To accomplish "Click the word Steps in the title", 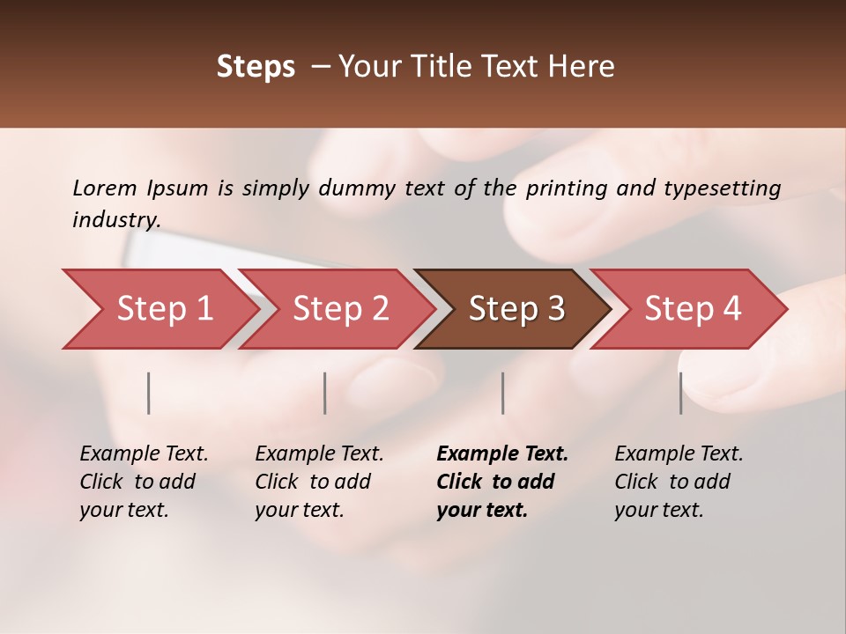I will [256, 67].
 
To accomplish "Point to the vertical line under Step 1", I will [149, 393].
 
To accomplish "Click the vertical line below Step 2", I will [325, 393].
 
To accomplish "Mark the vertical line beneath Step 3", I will [503, 393].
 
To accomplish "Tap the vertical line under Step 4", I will [680, 393].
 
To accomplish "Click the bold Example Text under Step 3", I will [502, 482].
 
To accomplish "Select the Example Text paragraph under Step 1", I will [145, 482].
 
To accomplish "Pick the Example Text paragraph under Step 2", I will [319, 482].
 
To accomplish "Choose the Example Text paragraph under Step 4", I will [679, 482].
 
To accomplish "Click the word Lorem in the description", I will [105, 188].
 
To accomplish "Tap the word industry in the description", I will [116, 220].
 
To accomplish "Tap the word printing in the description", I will [566, 188].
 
